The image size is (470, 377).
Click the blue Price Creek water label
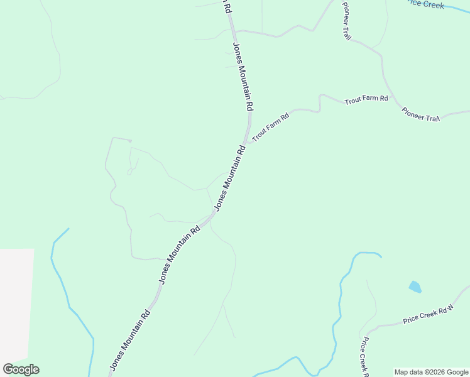(x=425, y=4)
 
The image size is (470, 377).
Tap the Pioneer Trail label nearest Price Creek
(x=346, y=21)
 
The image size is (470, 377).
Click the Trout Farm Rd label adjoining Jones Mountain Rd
(x=270, y=127)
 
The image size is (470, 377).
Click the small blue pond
(x=415, y=287)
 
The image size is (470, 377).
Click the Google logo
(x=21, y=369)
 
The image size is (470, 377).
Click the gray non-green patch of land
(x=16, y=302)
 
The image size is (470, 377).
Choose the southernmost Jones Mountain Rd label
(x=130, y=339)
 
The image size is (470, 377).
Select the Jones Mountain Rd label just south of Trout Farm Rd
(x=229, y=179)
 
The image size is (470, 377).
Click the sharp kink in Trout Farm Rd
(x=320, y=96)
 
